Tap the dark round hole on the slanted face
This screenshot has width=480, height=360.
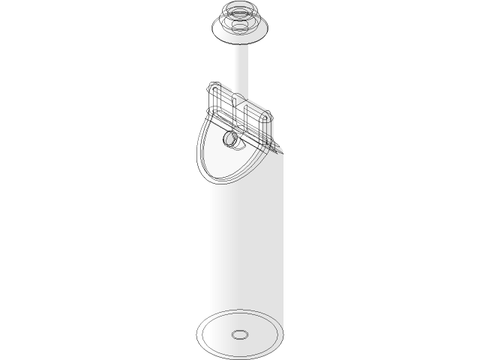click(229, 139)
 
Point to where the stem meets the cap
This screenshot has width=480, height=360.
click(240, 43)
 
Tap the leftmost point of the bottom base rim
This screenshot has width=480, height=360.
click(197, 333)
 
